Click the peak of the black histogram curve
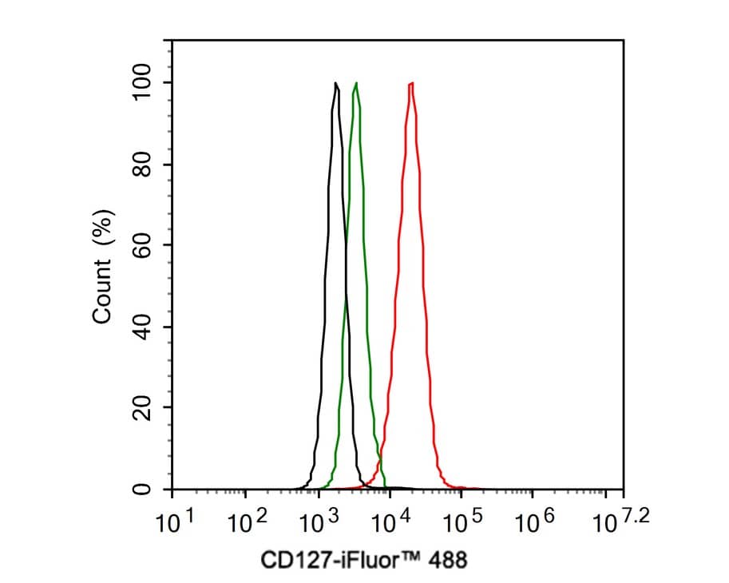(336, 83)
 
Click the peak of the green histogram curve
(356, 83)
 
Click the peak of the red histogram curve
(410, 83)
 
